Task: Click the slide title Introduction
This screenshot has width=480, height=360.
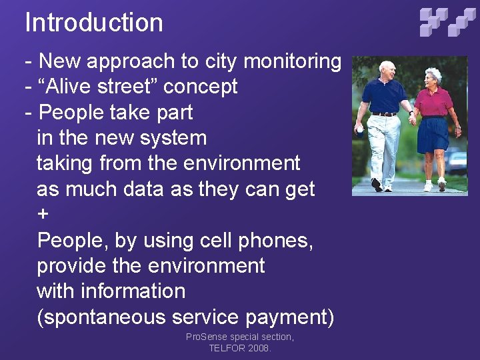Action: tap(94, 23)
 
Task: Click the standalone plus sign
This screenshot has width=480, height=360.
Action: tap(43, 215)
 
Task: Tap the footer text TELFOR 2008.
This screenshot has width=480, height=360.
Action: tap(240, 348)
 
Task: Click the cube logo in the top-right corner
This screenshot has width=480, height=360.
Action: tap(448, 21)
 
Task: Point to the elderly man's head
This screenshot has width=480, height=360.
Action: tap(387, 69)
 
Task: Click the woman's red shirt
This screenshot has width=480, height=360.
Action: tap(433, 101)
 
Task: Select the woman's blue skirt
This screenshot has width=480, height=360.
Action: tap(432, 133)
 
